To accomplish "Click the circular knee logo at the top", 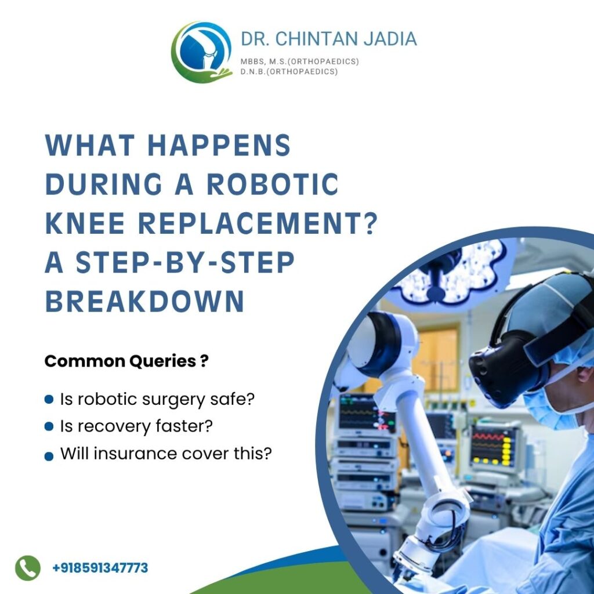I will (x=201, y=52).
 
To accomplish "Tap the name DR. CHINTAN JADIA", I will (x=329, y=39).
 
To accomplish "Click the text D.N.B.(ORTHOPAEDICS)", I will (x=289, y=71).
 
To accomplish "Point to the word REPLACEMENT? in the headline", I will (x=262, y=224).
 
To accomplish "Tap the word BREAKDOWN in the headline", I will (x=144, y=302).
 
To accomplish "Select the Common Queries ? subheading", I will (x=126, y=361).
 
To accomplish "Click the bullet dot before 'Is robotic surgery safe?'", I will (x=49, y=400).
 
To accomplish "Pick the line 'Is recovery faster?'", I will (x=136, y=427).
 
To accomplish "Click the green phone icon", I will (x=28, y=567).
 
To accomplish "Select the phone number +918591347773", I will (x=100, y=567).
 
